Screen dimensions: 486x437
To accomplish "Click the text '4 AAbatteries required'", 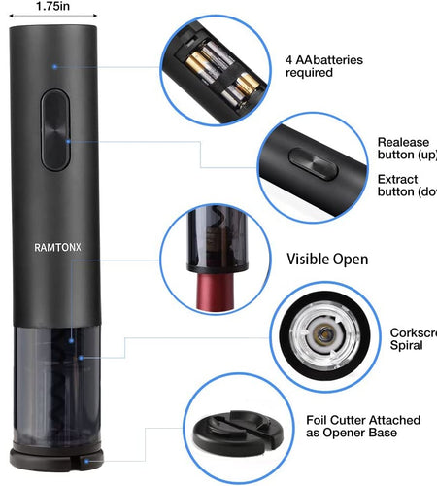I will (x=324, y=66).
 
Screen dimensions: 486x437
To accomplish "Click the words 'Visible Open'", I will (x=327, y=260).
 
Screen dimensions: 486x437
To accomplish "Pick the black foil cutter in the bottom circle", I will (x=238, y=436).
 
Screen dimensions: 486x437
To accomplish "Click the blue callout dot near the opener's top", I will (x=55, y=66).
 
